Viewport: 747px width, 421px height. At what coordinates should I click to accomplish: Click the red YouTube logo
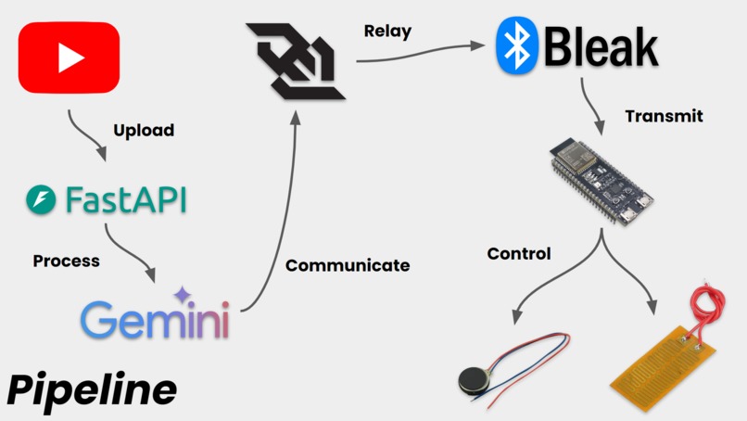coord(69,58)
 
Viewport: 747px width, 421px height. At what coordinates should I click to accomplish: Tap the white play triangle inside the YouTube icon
coord(70,58)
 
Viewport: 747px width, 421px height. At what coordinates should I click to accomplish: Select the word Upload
coord(144,131)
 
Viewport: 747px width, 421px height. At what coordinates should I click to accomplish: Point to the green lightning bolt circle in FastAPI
coord(41,199)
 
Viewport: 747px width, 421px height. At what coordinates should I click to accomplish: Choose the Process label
coord(66,261)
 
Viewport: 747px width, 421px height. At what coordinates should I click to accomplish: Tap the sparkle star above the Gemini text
coord(183,295)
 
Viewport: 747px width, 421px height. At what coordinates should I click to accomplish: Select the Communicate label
coord(347,265)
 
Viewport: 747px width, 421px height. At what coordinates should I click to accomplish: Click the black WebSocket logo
coord(295,61)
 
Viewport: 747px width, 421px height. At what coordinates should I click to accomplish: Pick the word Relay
coord(387,32)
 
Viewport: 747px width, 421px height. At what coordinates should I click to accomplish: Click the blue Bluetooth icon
coord(517,46)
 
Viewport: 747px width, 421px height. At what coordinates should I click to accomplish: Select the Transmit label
coord(664,117)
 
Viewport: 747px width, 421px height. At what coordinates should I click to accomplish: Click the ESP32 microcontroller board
coord(600,181)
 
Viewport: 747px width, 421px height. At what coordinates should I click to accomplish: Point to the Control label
coord(519,253)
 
